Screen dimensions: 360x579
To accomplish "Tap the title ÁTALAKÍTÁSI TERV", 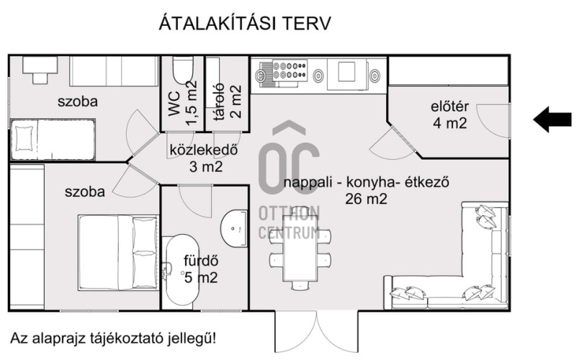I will pyautogui.click(x=244, y=24).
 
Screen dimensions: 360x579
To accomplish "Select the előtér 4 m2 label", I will pyautogui.click(x=449, y=115).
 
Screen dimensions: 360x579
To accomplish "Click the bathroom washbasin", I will pyautogui.click(x=235, y=228).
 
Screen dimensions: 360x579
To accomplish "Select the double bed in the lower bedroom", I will pyautogui.click(x=118, y=252).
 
